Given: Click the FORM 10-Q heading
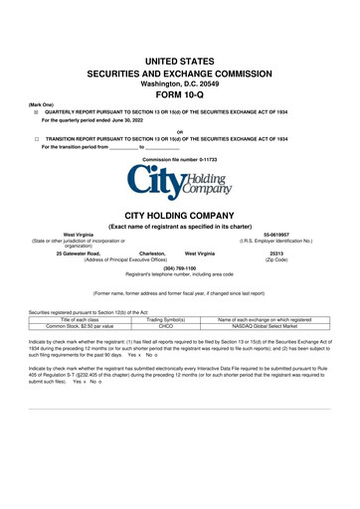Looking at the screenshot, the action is click(x=179, y=96).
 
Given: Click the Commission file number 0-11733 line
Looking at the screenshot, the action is click(x=179, y=158).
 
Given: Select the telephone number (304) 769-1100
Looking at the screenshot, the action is click(x=179, y=266).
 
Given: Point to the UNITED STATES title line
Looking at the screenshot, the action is click(x=179, y=62).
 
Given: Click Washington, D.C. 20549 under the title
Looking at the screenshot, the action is click(x=179, y=84).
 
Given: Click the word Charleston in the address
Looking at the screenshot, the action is click(x=145, y=254).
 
